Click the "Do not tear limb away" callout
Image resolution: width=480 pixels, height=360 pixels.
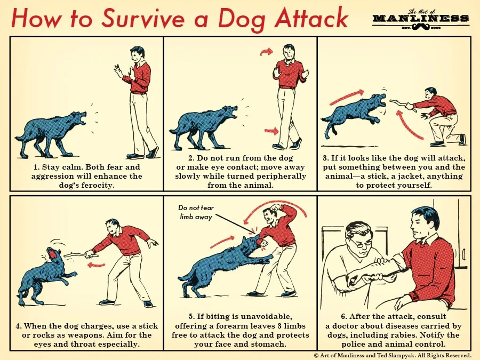[x=195, y=212]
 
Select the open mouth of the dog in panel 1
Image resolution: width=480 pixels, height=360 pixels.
[x=81, y=118]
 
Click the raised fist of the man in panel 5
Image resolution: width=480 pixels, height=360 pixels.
[x=275, y=207]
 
